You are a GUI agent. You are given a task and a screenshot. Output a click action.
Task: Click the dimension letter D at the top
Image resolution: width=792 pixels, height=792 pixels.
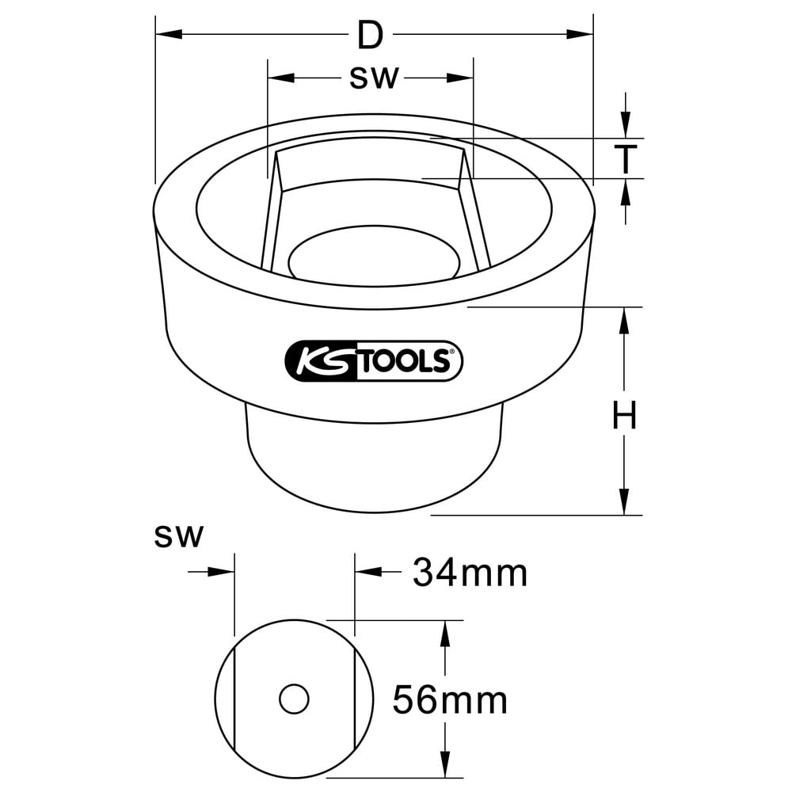370,36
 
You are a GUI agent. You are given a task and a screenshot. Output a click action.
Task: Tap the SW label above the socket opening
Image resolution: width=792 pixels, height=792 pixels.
374,78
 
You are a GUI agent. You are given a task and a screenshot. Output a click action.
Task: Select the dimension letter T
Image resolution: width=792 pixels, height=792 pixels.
626,158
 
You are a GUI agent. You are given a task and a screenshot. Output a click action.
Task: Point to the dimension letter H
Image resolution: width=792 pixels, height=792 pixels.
624,415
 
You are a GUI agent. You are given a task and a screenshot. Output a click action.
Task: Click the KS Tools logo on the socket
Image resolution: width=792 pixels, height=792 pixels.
374,360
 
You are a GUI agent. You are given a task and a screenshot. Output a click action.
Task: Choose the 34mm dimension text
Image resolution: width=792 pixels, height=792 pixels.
470,573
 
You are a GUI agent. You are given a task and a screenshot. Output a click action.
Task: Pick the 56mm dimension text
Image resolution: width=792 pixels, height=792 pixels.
450,700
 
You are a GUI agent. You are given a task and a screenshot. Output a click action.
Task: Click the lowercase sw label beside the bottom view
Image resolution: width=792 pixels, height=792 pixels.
178,536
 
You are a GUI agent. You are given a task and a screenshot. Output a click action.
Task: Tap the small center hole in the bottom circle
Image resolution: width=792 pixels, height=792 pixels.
294,699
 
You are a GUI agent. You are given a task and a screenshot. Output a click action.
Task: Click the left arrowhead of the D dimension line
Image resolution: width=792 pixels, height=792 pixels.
169,34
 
